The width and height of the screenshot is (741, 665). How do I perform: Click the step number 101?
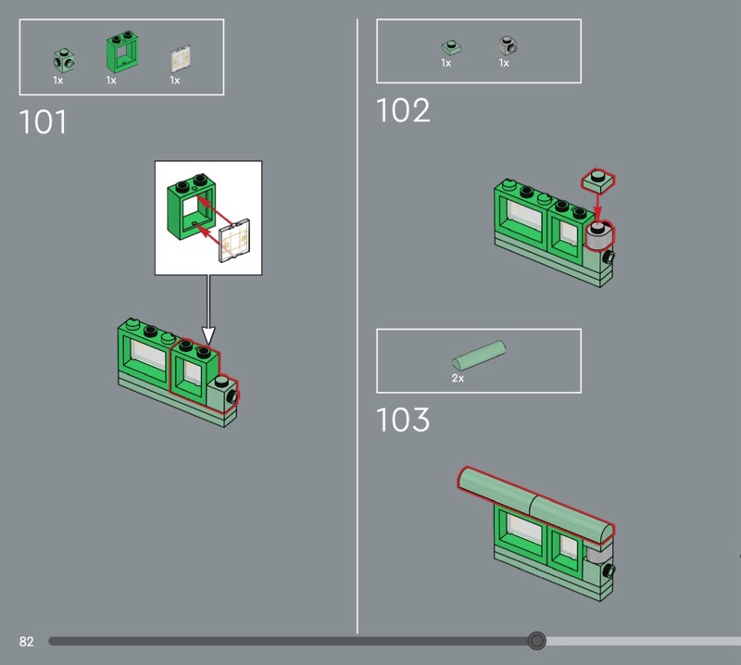(44, 122)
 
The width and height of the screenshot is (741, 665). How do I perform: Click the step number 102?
(403, 110)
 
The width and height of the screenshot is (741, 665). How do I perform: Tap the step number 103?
(403, 420)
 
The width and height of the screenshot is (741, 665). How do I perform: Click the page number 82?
(26, 641)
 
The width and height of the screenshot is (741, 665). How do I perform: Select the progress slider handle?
(536, 640)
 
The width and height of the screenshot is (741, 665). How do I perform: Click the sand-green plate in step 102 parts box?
(450, 45)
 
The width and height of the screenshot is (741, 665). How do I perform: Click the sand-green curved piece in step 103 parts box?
(478, 357)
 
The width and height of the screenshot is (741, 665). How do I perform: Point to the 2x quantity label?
(458, 379)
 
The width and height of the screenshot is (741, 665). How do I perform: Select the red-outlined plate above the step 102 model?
(598, 180)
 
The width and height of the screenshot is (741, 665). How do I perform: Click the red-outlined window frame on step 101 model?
(195, 370)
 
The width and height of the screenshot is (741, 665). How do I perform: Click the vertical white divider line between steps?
(358, 324)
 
